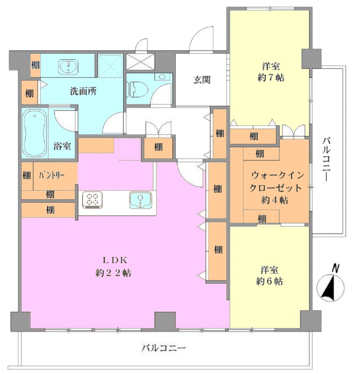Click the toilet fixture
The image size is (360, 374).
point(137,89)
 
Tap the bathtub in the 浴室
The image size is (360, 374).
point(35,132)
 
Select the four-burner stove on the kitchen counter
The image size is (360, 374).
point(92,200)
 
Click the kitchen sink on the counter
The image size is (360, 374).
point(141,200)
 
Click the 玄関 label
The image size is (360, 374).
point(202,80)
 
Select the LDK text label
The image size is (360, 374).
point(115,260)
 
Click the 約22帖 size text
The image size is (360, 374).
point(113,273)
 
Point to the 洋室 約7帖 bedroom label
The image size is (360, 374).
point(271,72)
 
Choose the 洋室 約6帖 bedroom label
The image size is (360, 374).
point(270,276)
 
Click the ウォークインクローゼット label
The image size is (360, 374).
point(276,182)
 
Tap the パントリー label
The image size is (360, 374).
point(52,176)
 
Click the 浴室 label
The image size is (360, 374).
point(62,146)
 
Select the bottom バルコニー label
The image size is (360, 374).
point(164,348)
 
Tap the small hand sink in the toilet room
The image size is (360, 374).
point(162,77)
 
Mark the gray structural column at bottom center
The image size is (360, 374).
point(165,321)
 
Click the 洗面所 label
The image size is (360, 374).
point(83,91)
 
